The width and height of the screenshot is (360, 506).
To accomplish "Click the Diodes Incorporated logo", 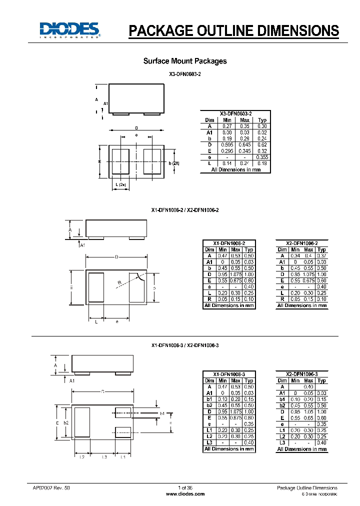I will [70, 30].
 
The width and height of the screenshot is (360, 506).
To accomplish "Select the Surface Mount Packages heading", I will [184, 61].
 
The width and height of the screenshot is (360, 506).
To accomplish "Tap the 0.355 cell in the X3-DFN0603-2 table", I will [262, 157].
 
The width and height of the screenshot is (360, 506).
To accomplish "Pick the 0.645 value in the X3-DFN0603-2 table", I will [244, 144].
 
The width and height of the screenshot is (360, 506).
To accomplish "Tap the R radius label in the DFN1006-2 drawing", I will [119, 283].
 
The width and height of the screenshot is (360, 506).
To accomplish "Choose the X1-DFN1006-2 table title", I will [228, 242].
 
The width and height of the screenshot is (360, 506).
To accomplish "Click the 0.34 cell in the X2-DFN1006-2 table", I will [295, 255].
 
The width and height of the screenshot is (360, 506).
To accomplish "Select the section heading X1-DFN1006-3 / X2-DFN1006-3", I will [184, 345].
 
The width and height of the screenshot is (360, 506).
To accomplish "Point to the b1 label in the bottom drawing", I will [162, 413].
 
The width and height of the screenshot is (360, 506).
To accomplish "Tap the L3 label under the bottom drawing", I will [104, 457].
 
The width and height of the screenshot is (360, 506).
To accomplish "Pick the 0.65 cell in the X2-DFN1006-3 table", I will [309, 417].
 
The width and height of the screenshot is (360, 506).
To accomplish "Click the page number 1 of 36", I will [184, 487].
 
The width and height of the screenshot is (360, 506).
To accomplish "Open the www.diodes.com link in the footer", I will [184, 494].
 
